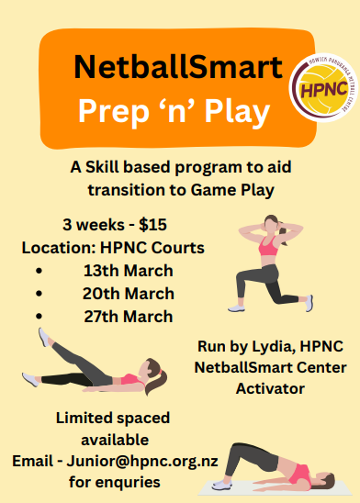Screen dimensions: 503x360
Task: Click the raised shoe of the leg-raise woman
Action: point(45,337)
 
